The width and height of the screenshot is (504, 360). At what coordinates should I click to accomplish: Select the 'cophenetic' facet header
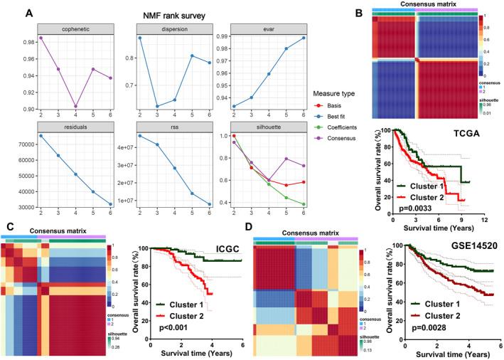click(67, 28)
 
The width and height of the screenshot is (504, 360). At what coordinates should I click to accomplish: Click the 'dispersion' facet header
click(166, 28)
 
